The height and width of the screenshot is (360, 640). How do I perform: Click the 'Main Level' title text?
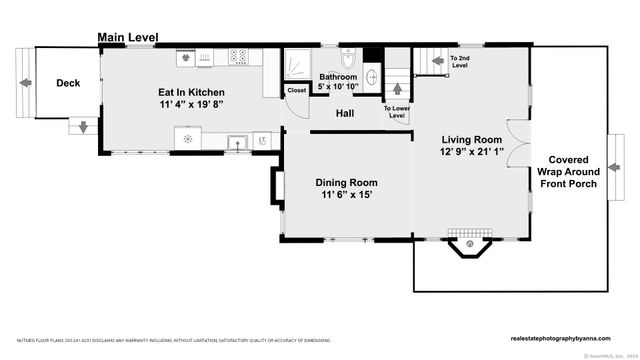click(127, 38)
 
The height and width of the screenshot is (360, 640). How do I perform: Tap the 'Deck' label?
click(68, 83)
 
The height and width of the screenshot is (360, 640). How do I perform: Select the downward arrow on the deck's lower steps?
click(83, 127)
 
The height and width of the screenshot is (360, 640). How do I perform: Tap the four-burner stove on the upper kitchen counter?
click(239, 57)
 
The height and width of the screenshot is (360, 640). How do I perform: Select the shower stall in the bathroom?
click(297, 65)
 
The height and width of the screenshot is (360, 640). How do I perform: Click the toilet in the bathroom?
click(347, 57)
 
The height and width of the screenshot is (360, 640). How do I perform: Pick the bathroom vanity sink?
click(371, 76)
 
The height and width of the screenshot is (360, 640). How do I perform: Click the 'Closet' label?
click(297, 91)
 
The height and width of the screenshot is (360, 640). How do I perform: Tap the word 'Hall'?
click(345, 113)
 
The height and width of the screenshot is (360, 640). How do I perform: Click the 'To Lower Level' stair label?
click(396, 112)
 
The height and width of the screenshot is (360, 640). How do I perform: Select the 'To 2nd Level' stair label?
click(461, 62)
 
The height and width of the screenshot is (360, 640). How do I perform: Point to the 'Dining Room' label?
click(346, 182)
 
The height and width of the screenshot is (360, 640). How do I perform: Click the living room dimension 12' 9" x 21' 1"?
click(473, 152)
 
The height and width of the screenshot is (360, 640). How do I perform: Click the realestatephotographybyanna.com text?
click(567, 339)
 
